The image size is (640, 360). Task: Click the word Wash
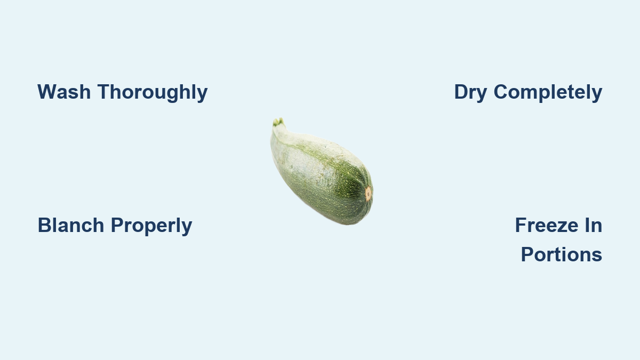coord(64,92)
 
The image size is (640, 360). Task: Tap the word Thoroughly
coord(153,93)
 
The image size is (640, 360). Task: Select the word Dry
coord(470,93)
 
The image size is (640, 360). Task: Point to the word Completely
coord(548,93)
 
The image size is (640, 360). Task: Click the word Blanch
coord(71,226)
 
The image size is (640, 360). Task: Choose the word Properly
coord(151,226)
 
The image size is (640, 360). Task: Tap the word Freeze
coord(546,226)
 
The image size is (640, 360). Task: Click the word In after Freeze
coord(594,226)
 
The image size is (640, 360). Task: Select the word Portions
coord(562,254)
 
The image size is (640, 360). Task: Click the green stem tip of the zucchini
coord(278,122)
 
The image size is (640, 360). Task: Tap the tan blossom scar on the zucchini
coord(369,194)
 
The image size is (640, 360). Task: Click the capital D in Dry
coord(461,92)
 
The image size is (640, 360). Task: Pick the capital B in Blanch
coord(45,226)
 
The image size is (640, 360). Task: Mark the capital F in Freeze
coord(521,226)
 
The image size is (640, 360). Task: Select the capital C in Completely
coord(501,92)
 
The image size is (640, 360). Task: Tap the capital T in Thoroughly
coord(104,92)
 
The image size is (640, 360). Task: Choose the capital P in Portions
coord(527,254)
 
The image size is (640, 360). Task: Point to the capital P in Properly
coord(117,226)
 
